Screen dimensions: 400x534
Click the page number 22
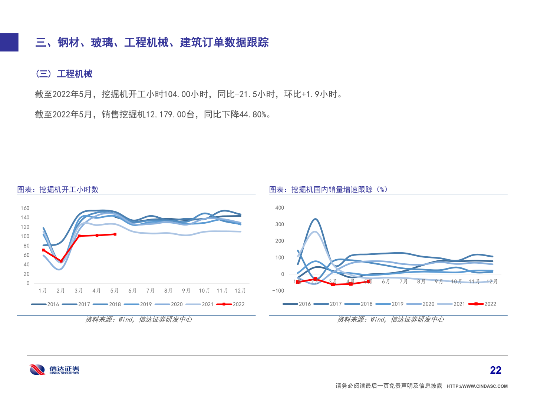pyautogui.click(x=495, y=370)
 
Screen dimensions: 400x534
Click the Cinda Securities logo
pyautogui.click(x=54, y=370)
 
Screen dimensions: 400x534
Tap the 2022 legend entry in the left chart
pyautogui.click(x=231, y=304)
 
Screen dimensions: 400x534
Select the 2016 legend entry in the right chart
pyautogui.click(x=297, y=304)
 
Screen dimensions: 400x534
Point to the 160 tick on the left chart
pyautogui.click(x=25, y=208)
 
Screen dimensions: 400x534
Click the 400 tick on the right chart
pyautogui.click(x=280, y=208)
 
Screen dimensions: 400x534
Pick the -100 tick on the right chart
pyautogui.click(x=278, y=291)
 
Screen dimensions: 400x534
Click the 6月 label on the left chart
pyautogui.click(x=132, y=291)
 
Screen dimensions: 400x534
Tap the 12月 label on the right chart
pyautogui.click(x=492, y=281)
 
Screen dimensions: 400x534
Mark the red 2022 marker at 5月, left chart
pyautogui.click(x=115, y=234)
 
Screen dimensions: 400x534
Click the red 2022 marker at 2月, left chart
pyautogui.click(x=61, y=261)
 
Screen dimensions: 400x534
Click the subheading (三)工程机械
pyautogui.click(x=64, y=74)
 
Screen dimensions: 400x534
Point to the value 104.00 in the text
pyautogui.click(x=177, y=94)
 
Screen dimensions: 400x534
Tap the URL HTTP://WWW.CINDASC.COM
pyautogui.click(x=477, y=386)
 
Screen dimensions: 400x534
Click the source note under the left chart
pyautogui.click(x=139, y=319)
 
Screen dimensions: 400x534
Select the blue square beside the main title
pyautogui.click(x=9, y=42)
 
